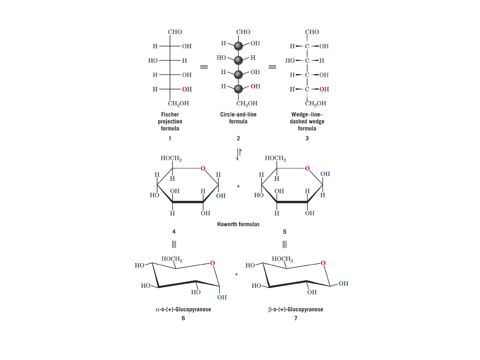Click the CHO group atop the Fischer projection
(x=175, y=32)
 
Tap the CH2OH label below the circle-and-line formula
(x=247, y=103)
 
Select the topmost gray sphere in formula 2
(x=238, y=46)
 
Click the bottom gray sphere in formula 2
(x=238, y=89)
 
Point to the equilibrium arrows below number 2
(x=239, y=154)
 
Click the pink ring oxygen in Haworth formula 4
(x=203, y=168)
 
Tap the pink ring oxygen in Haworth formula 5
(x=307, y=168)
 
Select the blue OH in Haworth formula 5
(x=325, y=174)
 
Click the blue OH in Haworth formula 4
(x=221, y=196)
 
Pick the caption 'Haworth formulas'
(x=238, y=224)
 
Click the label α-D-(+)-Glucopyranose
(x=183, y=310)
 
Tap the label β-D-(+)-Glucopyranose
(x=296, y=310)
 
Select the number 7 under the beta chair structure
(x=296, y=318)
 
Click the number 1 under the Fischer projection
(x=170, y=138)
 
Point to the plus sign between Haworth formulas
(x=238, y=186)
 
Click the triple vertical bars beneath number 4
(x=174, y=244)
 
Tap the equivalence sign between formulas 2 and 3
(x=272, y=67)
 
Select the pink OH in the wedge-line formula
(x=324, y=89)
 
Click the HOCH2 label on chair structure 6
(x=172, y=259)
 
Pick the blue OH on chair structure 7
(x=343, y=284)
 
